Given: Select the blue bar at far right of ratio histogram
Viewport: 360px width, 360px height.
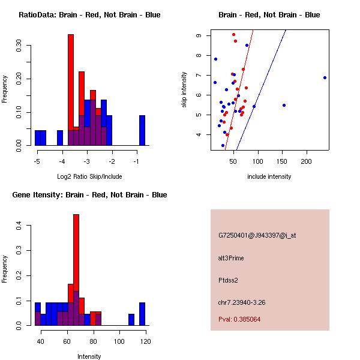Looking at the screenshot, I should click(x=142, y=130).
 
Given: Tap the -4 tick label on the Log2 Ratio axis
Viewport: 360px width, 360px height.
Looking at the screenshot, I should click(x=62, y=161).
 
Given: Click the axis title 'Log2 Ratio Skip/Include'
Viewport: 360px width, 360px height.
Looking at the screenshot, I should click(x=89, y=176).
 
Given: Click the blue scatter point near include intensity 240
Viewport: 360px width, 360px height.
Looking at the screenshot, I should click(x=325, y=77).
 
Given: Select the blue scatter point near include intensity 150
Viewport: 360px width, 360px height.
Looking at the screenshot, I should click(x=284, y=105).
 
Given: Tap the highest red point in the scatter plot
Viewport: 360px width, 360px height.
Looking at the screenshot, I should click(x=233, y=34).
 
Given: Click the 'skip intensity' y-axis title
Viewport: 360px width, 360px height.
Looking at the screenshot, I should click(x=184, y=90).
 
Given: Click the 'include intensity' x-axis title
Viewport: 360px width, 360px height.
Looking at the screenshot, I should click(x=269, y=176).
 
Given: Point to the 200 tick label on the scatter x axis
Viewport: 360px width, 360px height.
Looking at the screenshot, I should click(x=307, y=161).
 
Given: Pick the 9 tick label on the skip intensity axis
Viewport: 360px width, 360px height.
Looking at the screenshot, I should click(x=199, y=35).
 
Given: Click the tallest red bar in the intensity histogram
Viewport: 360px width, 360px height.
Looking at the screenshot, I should click(x=76, y=270).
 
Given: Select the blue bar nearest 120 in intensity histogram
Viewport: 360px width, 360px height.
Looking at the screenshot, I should click(x=142, y=314).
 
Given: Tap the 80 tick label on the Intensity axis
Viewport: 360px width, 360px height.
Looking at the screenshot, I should click(x=93, y=341).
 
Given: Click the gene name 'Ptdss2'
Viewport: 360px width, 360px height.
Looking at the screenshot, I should click(x=229, y=280).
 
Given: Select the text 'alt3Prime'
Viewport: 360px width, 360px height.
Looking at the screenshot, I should click(x=231, y=258).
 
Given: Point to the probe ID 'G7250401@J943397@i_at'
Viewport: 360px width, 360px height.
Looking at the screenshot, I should click(x=257, y=235).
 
